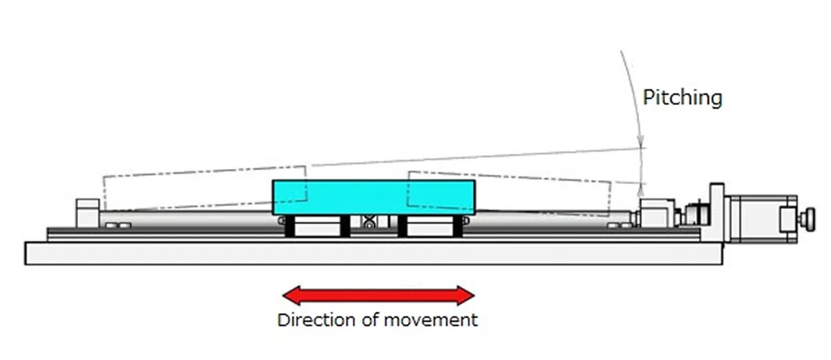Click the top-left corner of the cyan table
pyautogui.click(x=273, y=181)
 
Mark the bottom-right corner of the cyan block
pyautogui.click(x=475, y=215)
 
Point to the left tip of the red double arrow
pyautogui.click(x=283, y=296)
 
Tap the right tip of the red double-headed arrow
pyautogui.click(x=475, y=296)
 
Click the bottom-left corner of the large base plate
pyautogui.click(x=25, y=264)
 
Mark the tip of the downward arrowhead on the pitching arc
pyautogui.click(x=641, y=147)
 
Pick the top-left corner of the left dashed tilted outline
pyautogui.click(x=103, y=176)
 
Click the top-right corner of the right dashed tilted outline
pyautogui.click(x=611, y=181)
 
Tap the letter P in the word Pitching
pyautogui.click(x=648, y=97)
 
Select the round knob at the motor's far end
pyautogui.click(x=810, y=219)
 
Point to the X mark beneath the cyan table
pyautogui.click(x=368, y=222)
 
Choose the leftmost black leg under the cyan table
pyautogui.click(x=289, y=226)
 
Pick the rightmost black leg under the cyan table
pyautogui.click(x=458, y=226)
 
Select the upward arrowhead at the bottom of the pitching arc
pyautogui.click(x=641, y=190)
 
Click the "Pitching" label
pyautogui.click(x=683, y=98)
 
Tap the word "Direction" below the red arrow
pyautogui.click(x=316, y=320)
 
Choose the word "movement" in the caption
pyautogui.click(x=431, y=321)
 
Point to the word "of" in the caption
pyautogui.click(x=370, y=320)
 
